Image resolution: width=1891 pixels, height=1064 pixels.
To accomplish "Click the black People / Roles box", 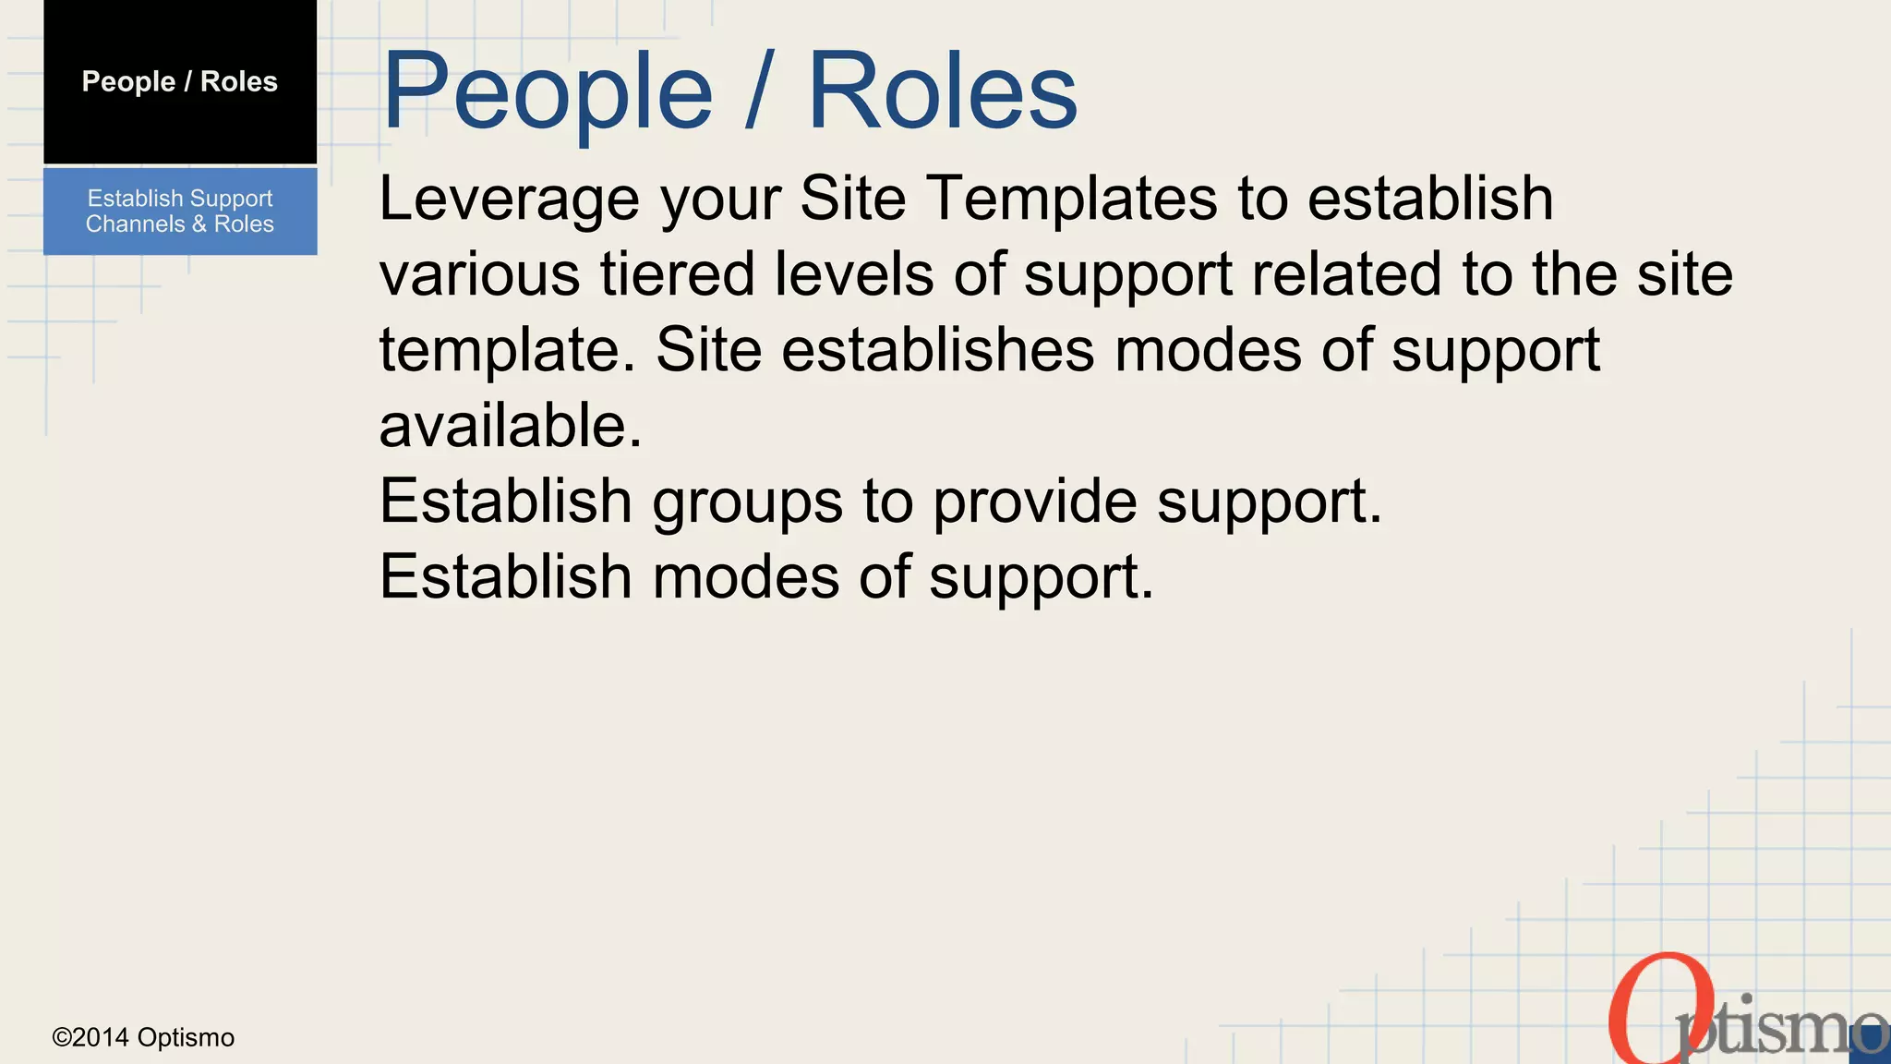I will pos(180,82).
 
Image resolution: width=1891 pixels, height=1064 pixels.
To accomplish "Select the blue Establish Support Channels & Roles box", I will pos(180,212).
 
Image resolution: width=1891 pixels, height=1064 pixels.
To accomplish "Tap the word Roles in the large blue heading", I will pos(942,91).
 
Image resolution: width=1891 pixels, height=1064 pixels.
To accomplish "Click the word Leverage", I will pos(509,199).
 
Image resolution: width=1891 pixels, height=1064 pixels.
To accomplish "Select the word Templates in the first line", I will pos(1071,199).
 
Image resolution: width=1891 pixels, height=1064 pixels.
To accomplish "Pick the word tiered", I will pos(677,274).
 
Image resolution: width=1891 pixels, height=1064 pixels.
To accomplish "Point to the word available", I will pos(510,426).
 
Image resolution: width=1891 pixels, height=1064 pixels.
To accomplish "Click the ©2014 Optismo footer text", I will pos(143,1037).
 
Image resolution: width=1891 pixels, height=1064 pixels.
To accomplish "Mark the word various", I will pos(479,274).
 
